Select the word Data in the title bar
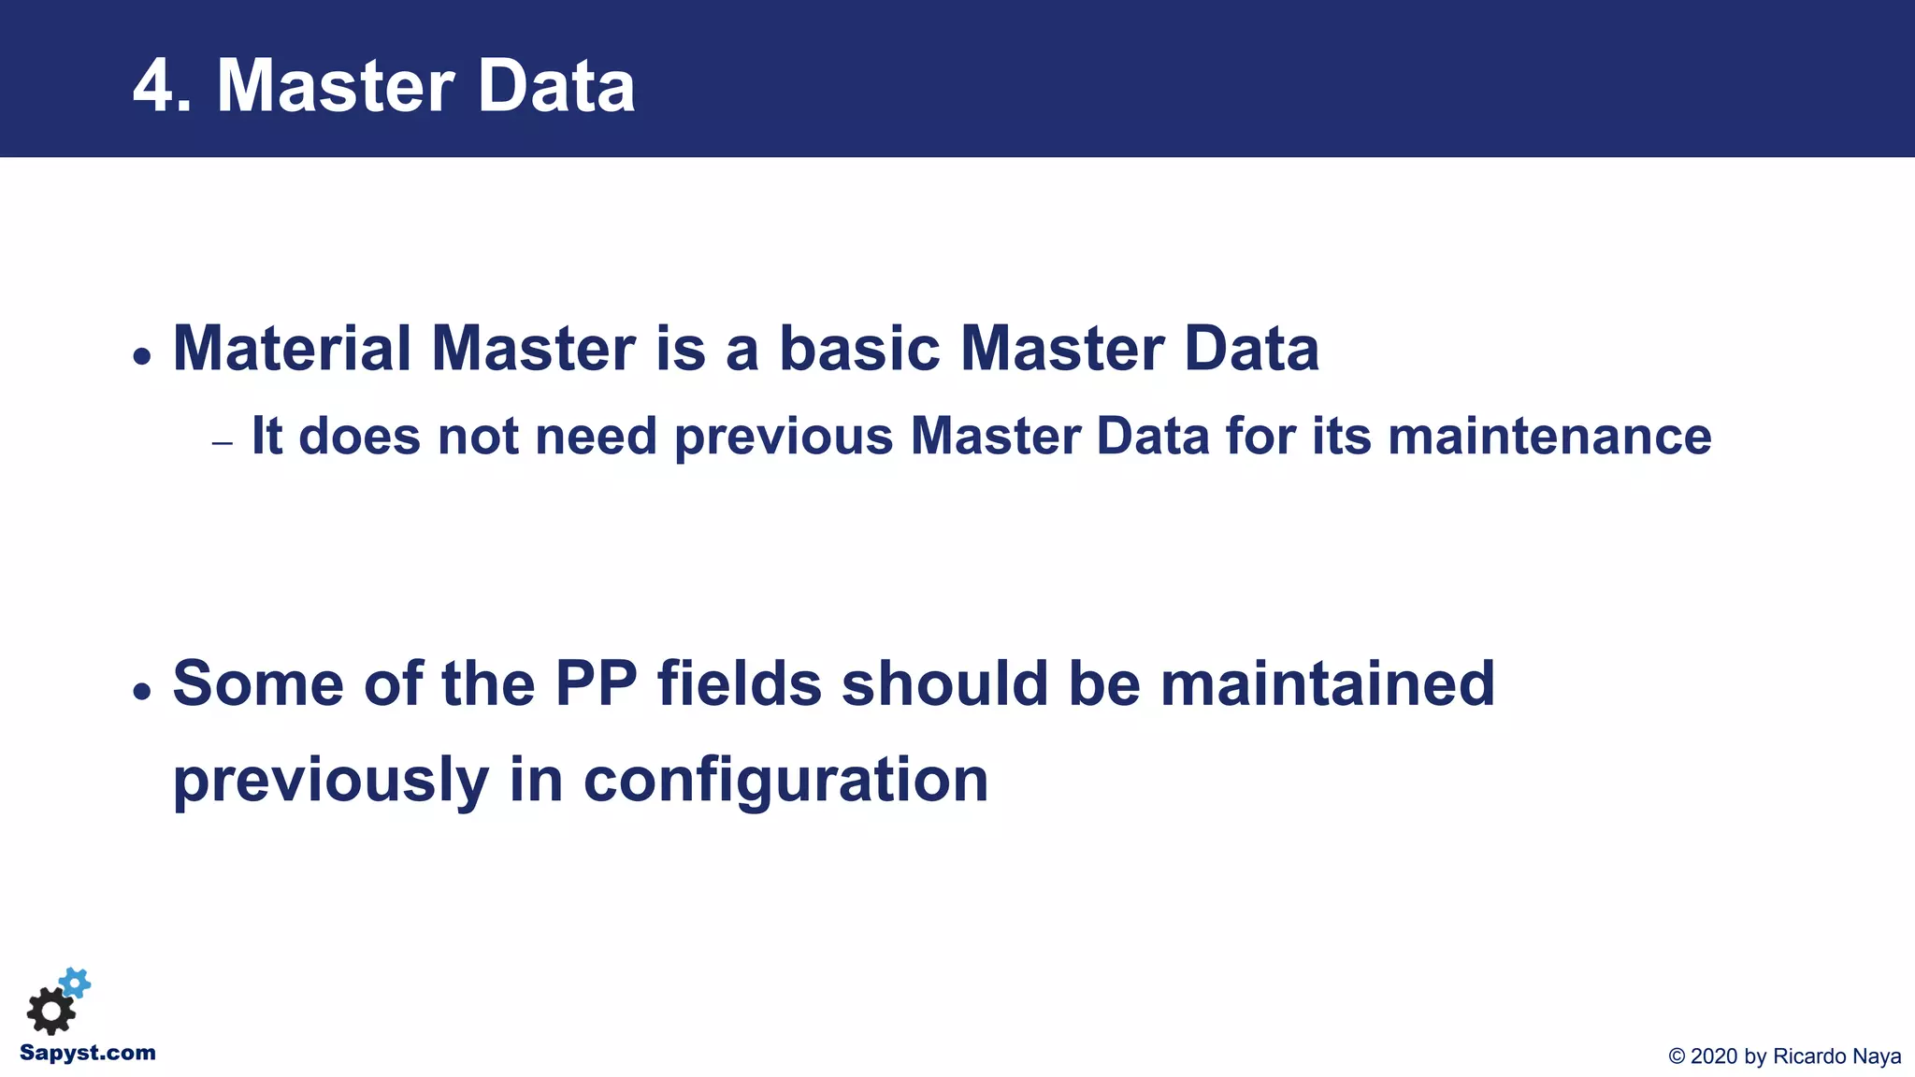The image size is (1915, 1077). (x=556, y=86)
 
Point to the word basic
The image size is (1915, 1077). (x=859, y=349)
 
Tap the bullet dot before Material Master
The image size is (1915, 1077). (x=142, y=357)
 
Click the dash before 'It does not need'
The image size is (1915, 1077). (x=222, y=443)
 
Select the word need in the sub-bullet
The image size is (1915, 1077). (x=596, y=437)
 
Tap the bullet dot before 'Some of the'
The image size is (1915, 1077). (x=142, y=692)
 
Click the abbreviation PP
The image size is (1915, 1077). (x=596, y=683)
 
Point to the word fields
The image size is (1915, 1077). (x=739, y=683)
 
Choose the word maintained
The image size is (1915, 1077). (x=1327, y=683)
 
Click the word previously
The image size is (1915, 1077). (x=331, y=781)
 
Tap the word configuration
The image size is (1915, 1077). (x=785, y=781)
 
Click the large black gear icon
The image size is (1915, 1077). (x=50, y=1012)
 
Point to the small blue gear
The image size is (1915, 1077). (x=76, y=983)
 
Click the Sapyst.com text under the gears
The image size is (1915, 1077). (x=88, y=1054)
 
